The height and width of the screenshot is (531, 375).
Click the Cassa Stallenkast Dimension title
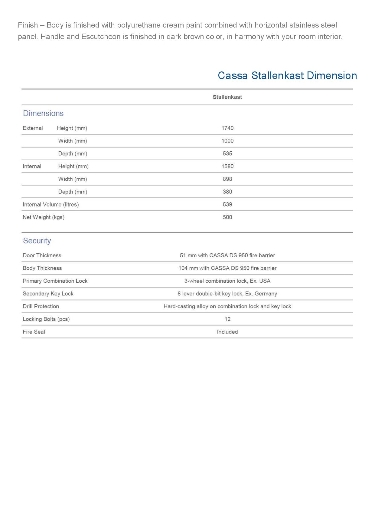[x=287, y=75]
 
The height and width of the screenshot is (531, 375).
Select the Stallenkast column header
[x=227, y=97]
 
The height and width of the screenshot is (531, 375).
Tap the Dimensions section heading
[x=43, y=114]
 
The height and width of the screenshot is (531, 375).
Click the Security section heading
[x=37, y=241]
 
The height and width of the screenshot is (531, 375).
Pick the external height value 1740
[x=227, y=128]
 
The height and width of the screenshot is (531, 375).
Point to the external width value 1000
[x=227, y=141]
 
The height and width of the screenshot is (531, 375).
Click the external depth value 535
[x=227, y=153]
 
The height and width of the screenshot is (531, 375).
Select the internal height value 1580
[x=227, y=166]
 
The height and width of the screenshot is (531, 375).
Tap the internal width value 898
[x=227, y=179]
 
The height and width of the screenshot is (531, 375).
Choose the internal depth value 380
[x=227, y=192]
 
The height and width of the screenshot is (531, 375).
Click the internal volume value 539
[x=227, y=204]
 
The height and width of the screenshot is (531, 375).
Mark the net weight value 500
[x=227, y=217]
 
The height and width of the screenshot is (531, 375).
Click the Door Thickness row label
[x=42, y=256]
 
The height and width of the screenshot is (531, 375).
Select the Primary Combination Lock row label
[x=55, y=281]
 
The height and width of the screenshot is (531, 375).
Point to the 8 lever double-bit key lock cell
[x=227, y=294]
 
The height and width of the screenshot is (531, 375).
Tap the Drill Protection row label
[x=41, y=306]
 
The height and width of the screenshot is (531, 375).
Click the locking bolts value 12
[x=227, y=319]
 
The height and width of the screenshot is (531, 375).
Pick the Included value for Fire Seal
[x=227, y=332]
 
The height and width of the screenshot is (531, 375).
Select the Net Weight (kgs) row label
[x=44, y=217]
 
